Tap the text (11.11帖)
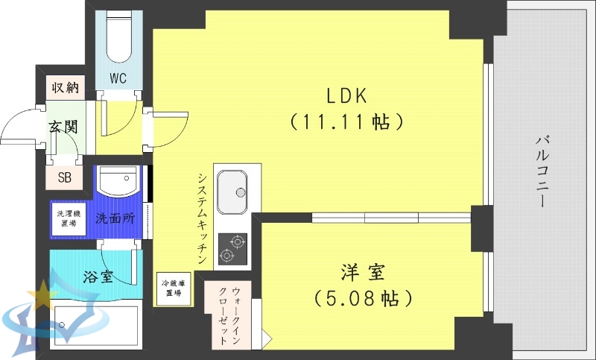[346, 121]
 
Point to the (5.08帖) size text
[363, 299]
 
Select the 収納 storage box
[65, 87]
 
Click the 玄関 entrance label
[64, 126]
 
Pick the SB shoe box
[65, 177]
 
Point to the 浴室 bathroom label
[98, 277]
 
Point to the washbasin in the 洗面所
[118, 181]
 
